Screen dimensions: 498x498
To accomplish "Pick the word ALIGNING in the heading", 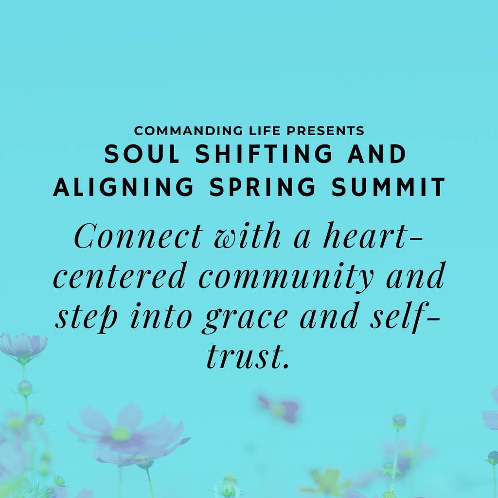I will coord(124,187).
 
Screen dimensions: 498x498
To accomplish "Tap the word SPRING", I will coord(263,187).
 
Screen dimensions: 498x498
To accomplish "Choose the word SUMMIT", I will coord(388,187).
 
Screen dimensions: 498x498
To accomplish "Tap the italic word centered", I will coord(119,276).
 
